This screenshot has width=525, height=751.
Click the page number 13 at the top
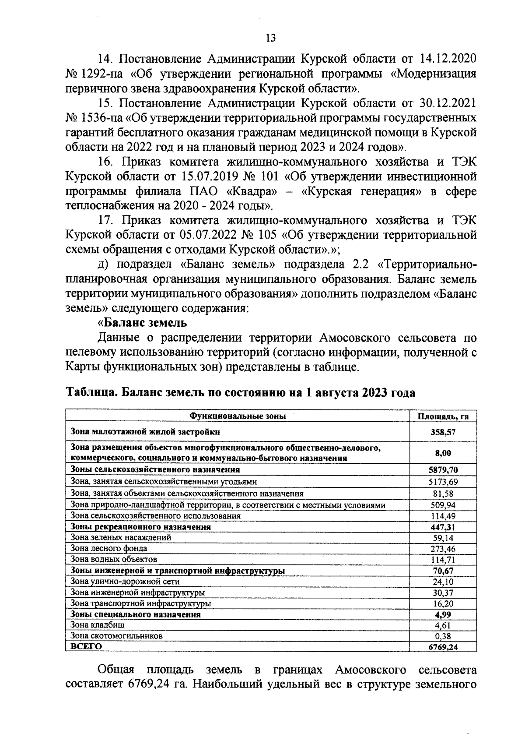click(x=270, y=38)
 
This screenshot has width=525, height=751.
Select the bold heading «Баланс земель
click(x=142, y=323)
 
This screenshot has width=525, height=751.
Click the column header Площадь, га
click(x=442, y=416)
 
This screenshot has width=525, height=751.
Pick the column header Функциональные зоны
click(x=237, y=416)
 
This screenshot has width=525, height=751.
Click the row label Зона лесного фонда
click(x=109, y=548)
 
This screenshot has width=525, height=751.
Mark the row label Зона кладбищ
click(x=98, y=625)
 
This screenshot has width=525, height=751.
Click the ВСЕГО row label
click(x=86, y=646)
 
